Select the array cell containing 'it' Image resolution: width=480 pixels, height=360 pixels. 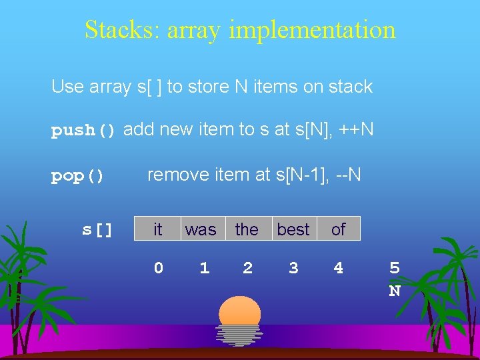pos(157,229)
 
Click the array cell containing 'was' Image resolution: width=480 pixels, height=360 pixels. pos(201,229)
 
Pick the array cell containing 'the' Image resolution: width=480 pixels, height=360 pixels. pos(247,229)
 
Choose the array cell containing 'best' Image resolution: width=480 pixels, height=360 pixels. pos(293,229)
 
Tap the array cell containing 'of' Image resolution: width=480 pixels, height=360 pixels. pos(339,229)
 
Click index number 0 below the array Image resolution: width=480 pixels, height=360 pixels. pos(158,267)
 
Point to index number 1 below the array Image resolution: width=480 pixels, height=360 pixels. pos(204,267)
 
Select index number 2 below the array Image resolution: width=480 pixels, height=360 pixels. pos(248,267)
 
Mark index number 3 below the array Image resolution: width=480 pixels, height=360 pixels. pos(293,267)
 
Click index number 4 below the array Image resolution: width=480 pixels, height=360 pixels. pos(339,267)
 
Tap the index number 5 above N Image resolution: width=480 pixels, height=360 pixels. pos(395,268)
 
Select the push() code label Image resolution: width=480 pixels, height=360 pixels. pos(84,131)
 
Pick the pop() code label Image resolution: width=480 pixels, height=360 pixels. pos(78,177)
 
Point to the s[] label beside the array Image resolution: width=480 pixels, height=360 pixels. pos(97,230)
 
